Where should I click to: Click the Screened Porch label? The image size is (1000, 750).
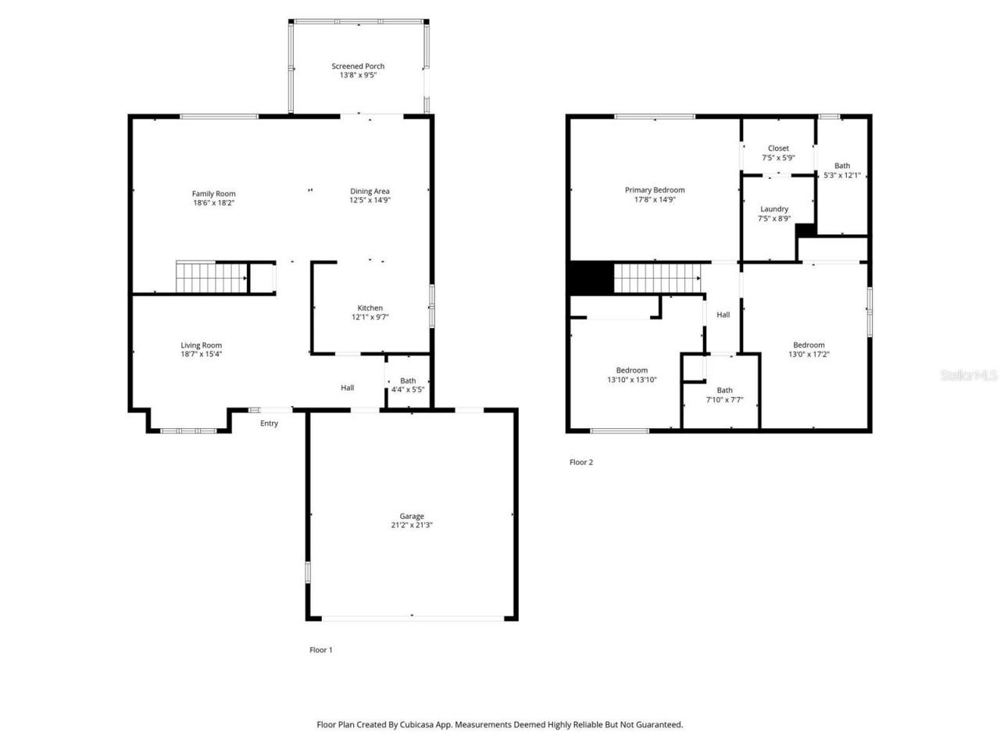coord(358,66)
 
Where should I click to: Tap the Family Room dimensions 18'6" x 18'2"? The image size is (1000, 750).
coord(214,203)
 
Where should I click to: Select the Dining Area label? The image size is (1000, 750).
coord(370,191)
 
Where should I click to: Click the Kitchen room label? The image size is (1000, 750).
coord(370,308)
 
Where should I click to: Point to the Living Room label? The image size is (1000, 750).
coord(202,345)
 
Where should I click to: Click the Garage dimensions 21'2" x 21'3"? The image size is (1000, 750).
coord(412,526)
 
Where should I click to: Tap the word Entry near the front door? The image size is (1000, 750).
coord(269,423)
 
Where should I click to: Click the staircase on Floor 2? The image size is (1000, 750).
coord(655,278)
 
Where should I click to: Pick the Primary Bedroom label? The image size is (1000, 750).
coord(655,190)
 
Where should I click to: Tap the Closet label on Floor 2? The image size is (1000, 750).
coord(778,148)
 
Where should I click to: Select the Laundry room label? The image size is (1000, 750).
coord(774,209)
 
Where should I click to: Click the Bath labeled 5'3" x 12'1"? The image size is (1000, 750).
coord(842,170)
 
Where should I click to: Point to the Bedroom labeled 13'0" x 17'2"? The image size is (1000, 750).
coord(809,349)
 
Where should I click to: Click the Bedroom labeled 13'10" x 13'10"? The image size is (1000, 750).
coord(631,375)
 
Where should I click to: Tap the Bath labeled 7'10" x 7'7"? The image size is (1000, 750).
coord(725,395)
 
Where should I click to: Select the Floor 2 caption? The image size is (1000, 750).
coord(581,462)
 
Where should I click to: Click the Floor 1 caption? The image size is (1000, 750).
coord(321,650)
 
